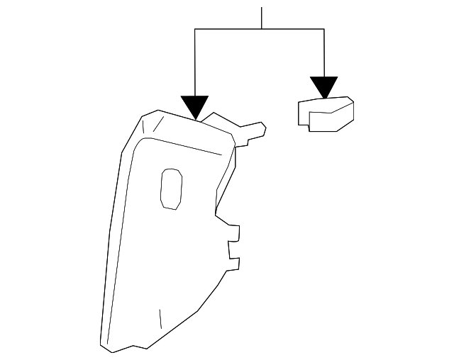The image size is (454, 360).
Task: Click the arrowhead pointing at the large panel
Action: pos(194,107)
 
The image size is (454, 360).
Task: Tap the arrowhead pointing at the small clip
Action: pos(325,87)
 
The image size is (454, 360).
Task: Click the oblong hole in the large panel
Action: pos(171,189)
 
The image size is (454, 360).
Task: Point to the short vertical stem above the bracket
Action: pos(262,18)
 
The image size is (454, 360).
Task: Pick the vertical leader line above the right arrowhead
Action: pos(324,53)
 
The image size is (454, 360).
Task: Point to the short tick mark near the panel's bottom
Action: pos(161,318)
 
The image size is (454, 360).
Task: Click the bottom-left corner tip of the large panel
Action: pos(104,345)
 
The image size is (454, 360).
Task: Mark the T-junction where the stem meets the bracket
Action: pos(262,29)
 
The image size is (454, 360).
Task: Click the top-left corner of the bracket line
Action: pos(194,29)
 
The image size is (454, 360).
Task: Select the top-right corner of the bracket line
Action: pos(324,29)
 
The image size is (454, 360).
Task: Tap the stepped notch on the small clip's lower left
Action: pos(309,126)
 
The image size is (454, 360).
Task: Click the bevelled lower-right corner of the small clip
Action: pos(346,122)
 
